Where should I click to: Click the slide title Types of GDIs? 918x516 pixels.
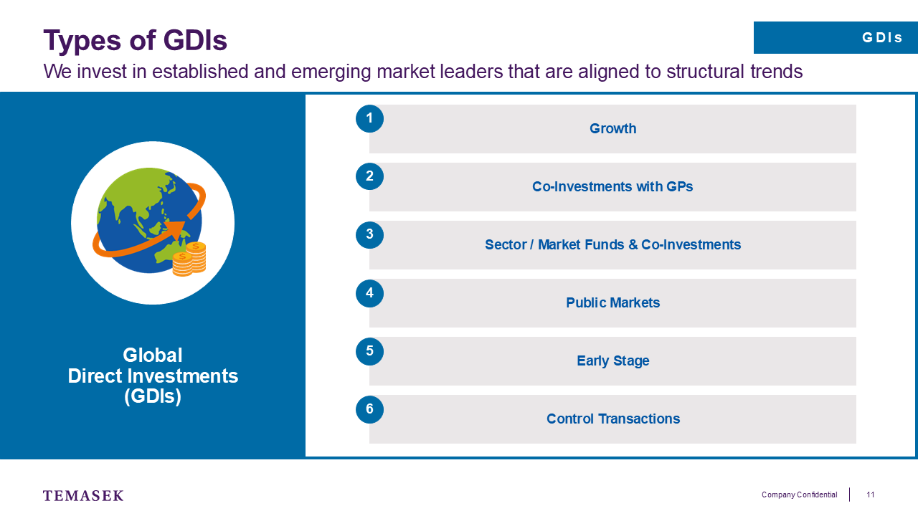tap(136, 41)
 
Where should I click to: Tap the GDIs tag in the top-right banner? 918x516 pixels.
tap(882, 38)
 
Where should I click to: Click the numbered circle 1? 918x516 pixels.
tap(369, 119)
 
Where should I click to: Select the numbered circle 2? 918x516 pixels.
tap(369, 176)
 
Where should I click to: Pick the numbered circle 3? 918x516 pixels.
tap(369, 234)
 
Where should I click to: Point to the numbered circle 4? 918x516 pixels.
tap(369, 293)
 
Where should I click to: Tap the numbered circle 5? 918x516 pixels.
tap(369, 351)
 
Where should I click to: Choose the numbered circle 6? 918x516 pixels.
tap(369, 409)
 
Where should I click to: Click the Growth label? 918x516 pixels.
tap(612, 128)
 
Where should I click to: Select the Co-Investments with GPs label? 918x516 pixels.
tap(612, 187)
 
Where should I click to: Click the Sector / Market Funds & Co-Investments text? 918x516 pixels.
tap(612, 245)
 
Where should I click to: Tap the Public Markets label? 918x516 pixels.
tap(612, 302)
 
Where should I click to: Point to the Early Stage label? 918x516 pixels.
tap(612, 360)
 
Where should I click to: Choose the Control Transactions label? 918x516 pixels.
tap(613, 419)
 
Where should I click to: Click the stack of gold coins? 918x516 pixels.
tap(189, 259)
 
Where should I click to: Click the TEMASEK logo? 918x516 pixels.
tap(83, 495)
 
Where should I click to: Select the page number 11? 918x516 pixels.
tap(870, 494)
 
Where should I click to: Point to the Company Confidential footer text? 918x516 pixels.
tap(799, 495)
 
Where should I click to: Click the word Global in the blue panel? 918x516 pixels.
tap(153, 355)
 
